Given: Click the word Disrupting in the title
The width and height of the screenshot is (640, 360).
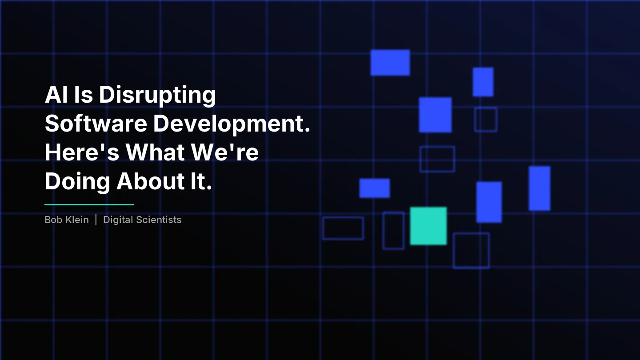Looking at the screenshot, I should pos(157,95).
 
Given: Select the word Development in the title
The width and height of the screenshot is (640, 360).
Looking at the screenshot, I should pos(231,124).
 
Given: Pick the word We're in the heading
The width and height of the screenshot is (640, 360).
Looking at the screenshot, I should pos(225,152).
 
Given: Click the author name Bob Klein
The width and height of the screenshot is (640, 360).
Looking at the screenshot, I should pos(67,220).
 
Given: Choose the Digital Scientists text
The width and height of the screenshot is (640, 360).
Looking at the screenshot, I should pos(142,220).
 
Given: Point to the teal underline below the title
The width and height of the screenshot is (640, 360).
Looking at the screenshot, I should pos(89,205).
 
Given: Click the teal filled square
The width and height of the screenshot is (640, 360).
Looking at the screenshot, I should pos(428,226).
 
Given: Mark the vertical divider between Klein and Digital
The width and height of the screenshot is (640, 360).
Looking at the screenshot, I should pos(96,220).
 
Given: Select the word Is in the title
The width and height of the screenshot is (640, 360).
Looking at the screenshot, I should pos(84,95).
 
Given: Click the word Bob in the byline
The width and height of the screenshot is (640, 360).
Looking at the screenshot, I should pos(53,220).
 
